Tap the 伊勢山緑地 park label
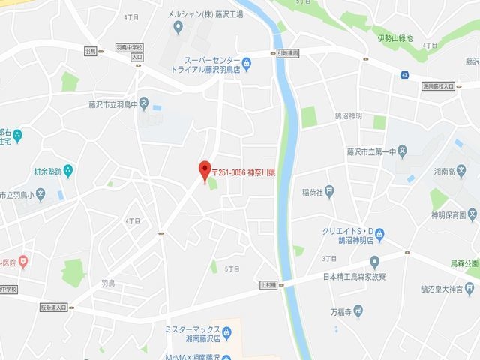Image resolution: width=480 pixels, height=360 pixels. pyautogui.click(x=394, y=37)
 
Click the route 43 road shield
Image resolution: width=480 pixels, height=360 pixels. pyautogui.click(x=405, y=74)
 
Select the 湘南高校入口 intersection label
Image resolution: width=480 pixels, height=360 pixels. pyautogui.click(x=438, y=86)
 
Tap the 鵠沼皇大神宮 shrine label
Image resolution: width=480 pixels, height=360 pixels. pyautogui.click(x=448, y=287)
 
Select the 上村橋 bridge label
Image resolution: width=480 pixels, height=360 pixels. pyautogui.click(x=270, y=284)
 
